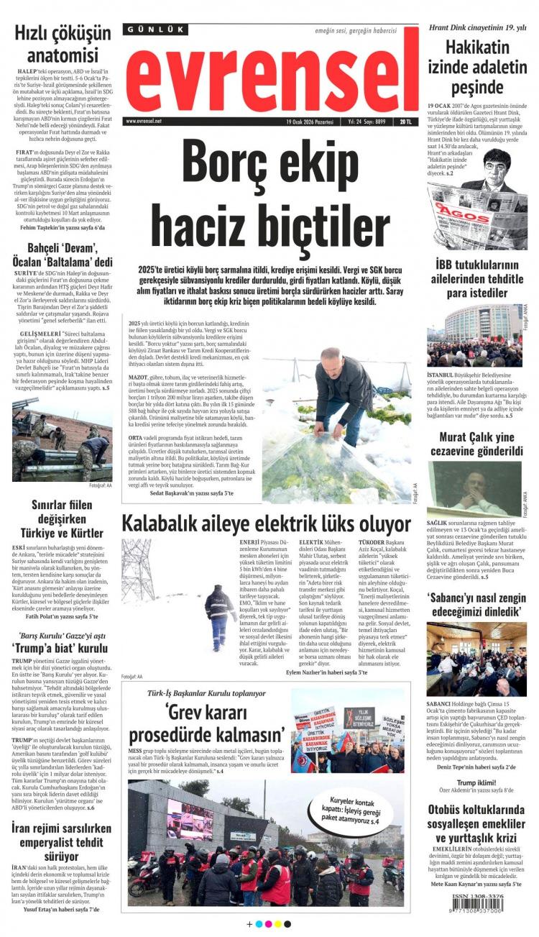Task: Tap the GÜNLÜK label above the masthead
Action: click(156, 29)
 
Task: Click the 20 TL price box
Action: click(407, 122)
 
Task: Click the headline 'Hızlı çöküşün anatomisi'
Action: click(63, 44)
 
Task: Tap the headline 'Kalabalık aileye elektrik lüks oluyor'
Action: click(265, 524)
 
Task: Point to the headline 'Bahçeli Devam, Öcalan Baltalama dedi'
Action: click(63, 255)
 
